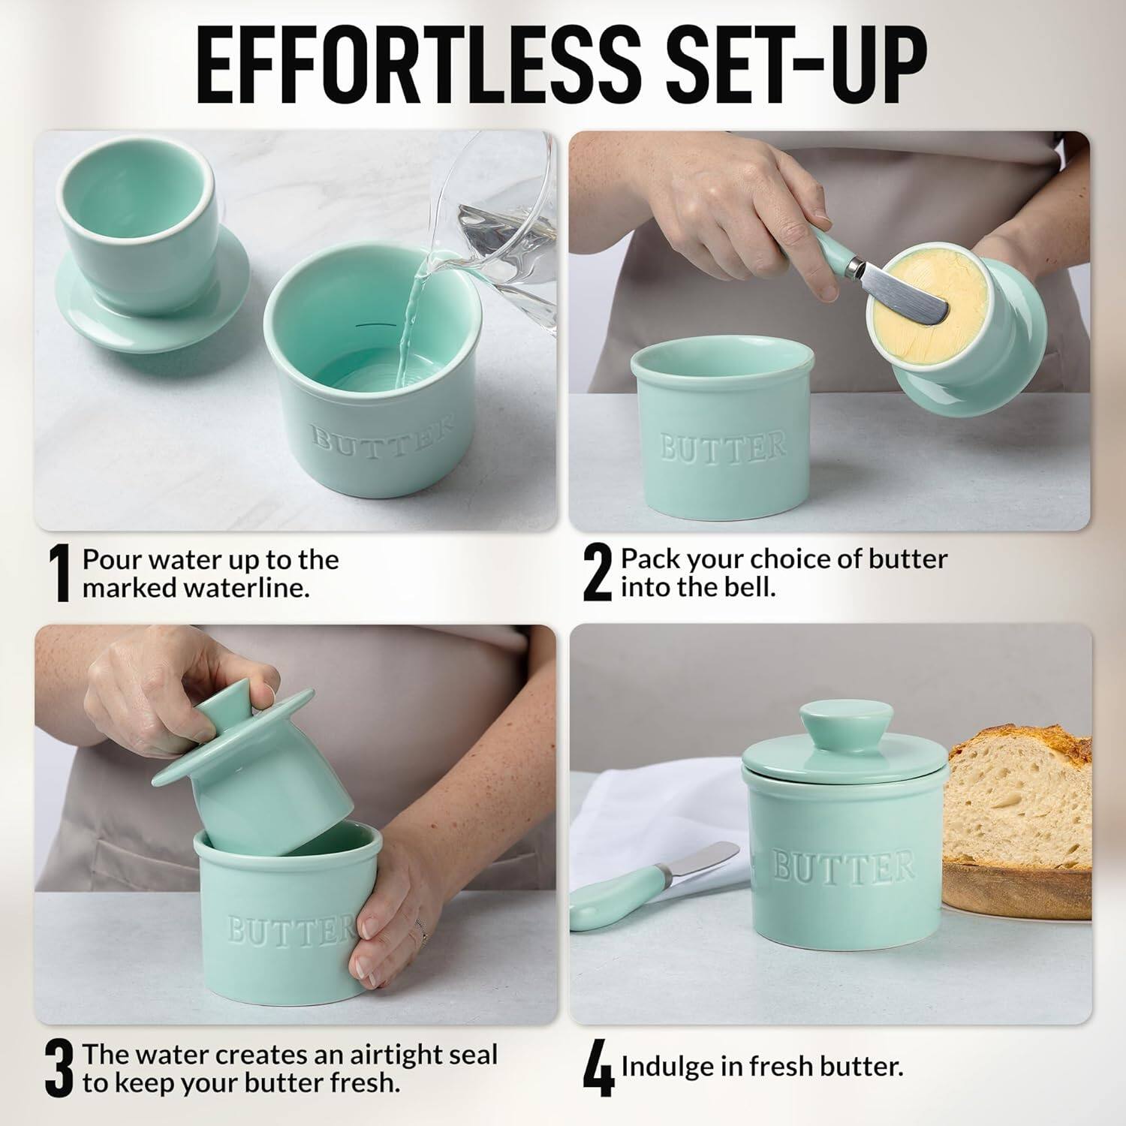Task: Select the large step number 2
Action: pyautogui.click(x=598, y=574)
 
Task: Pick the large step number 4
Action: pyautogui.click(x=598, y=1069)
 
